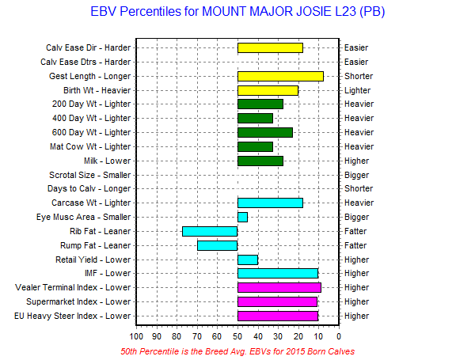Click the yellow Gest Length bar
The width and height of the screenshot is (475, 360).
280,76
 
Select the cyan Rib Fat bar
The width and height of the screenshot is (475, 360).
210,231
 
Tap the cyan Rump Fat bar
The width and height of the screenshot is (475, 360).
218,245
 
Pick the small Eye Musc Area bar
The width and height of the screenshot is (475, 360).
242,217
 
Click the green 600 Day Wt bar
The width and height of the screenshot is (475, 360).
265,132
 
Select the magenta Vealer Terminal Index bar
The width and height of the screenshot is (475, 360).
279,287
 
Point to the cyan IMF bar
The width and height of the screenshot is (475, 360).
278,273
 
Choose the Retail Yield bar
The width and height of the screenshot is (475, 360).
248,260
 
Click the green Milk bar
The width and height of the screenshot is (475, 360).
260,161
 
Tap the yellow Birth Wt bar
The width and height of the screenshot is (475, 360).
268,90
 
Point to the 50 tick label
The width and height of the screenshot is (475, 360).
237,334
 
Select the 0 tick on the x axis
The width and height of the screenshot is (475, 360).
338,334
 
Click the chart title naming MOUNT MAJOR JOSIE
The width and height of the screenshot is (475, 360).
238,13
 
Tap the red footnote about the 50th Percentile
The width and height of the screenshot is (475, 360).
237,351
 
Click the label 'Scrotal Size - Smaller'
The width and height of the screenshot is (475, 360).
89,175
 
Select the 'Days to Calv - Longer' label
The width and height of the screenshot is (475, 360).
89,188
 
